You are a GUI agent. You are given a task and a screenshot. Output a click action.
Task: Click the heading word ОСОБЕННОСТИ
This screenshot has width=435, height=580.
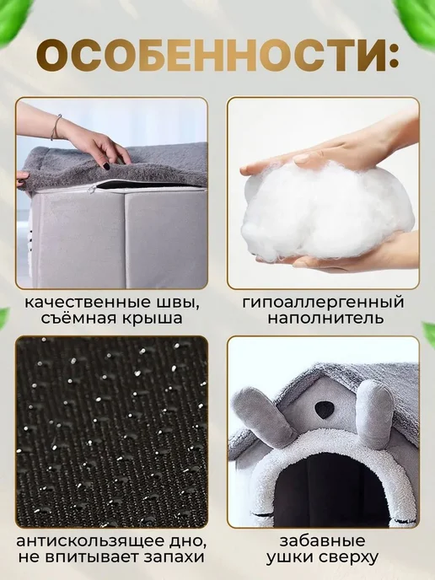coord(212,57)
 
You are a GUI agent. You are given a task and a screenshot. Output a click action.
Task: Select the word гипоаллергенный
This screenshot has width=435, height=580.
coord(323,302)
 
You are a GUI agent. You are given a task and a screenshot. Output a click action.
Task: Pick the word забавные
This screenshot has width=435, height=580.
coord(322,541)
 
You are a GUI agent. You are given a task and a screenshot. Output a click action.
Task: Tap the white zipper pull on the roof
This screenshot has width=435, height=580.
coord(89,188)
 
